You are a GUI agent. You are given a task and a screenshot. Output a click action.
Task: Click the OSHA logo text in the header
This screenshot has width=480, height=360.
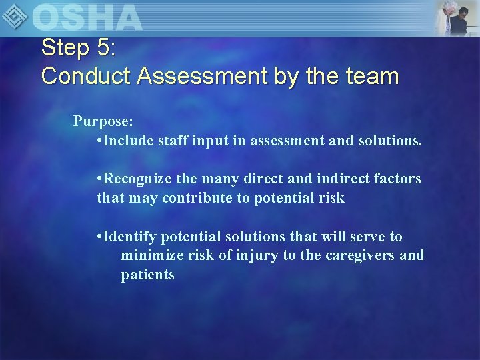(87, 17)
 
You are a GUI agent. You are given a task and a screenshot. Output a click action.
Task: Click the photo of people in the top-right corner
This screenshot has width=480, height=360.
(457, 17)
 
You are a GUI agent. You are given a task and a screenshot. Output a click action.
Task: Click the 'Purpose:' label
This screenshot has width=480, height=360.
(103, 121)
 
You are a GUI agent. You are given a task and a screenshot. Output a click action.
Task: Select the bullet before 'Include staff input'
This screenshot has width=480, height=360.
(99, 141)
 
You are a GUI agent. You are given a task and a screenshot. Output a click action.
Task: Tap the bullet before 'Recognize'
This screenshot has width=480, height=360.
(99, 179)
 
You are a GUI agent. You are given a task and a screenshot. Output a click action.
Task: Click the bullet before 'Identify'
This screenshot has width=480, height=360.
(99, 237)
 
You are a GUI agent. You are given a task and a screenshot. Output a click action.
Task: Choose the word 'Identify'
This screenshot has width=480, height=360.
(131, 237)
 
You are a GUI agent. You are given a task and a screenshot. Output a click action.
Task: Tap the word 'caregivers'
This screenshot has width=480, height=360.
(360, 255)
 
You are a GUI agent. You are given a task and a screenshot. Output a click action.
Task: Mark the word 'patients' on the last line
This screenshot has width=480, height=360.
(147, 275)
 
